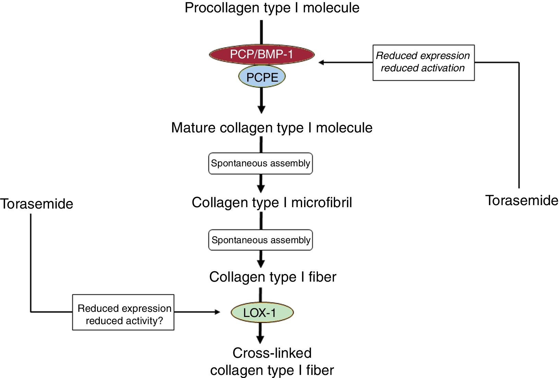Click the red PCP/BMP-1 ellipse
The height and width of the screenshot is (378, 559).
point(262,54)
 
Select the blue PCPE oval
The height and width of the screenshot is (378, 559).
point(262,77)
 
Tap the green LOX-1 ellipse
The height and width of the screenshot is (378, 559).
point(262,312)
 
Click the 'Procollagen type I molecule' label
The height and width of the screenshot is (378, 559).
point(272,8)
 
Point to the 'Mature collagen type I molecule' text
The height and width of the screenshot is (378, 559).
point(272,128)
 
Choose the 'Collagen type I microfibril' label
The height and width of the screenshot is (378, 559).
point(272,202)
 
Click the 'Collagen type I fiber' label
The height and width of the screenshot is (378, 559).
point(273,277)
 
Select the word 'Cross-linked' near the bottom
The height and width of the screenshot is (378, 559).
point(272,353)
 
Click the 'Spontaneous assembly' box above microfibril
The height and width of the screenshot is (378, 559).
point(261,163)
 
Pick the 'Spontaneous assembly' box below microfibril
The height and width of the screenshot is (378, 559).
point(261,240)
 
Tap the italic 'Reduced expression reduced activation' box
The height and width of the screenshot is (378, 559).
point(424,62)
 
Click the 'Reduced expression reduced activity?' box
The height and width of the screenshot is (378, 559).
point(123,312)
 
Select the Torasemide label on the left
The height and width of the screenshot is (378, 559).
point(37,204)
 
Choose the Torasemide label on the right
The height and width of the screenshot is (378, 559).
point(522,200)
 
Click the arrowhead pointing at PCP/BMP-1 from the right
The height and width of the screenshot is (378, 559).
point(321,62)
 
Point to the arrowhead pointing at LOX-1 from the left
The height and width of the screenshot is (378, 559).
point(217,312)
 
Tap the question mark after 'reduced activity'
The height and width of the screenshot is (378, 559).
point(160,321)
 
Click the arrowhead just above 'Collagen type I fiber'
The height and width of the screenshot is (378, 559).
point(261,264)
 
